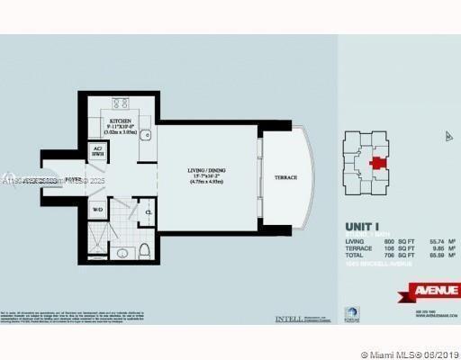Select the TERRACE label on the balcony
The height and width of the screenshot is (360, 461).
click(x=286, y=177)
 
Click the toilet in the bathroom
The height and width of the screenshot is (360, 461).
click(x=143, y=250)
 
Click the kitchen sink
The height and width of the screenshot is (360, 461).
click(x=145, y=136)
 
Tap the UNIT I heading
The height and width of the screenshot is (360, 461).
click(x=364, y=227)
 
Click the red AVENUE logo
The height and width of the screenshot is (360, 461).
click(x=436, y=290)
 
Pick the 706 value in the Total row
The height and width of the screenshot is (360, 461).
click(x=386, y=256)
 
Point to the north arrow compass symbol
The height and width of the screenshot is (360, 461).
click(x=447, y=137)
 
